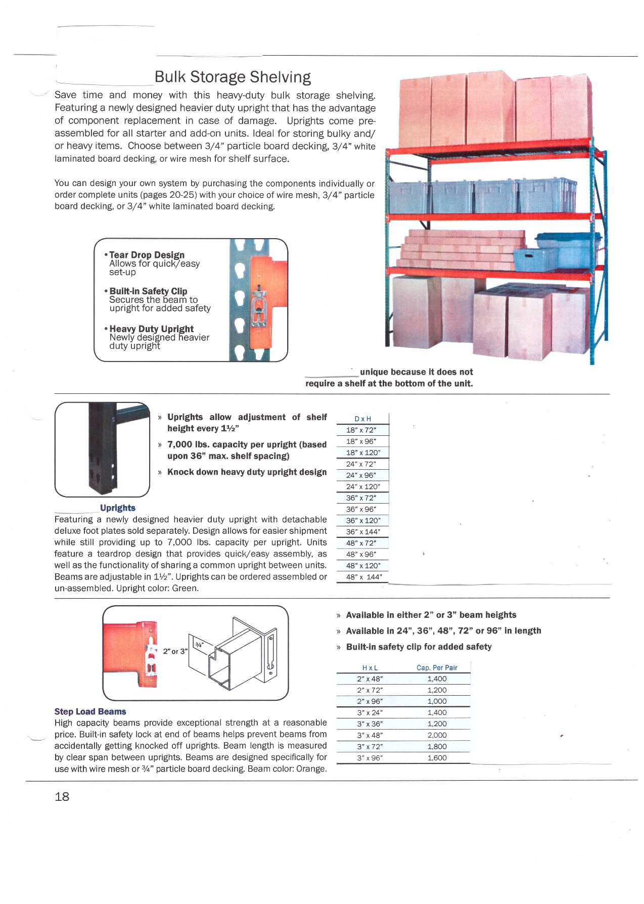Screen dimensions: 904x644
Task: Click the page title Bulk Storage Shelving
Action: [233, 77]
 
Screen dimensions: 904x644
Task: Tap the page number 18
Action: [62, 796]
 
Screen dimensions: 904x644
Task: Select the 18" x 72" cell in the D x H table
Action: [361, 430]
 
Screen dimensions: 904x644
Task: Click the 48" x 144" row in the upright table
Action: [363, 577]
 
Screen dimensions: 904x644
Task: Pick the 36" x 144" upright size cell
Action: [362, 532]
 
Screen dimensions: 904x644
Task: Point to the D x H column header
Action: [362, 419]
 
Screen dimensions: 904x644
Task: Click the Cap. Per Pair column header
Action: [437, 667]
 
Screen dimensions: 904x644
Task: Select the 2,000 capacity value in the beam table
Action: [437, 735]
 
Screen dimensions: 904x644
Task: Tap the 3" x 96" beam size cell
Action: [370, 758]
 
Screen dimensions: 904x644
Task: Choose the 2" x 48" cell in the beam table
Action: [370, 679]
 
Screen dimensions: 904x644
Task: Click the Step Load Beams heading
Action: [90, 711]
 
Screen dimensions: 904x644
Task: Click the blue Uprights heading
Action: [117, 508]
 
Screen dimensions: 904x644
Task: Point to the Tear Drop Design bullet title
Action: [147, 255]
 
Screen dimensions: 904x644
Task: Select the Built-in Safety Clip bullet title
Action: [148, 291]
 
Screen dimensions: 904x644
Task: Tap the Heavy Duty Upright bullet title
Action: [151, 329]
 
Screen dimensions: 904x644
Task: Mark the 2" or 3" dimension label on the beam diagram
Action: [175, 651]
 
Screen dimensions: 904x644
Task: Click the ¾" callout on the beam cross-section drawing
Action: [199, 645]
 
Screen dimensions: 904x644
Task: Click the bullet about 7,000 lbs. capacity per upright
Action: [247, 450]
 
